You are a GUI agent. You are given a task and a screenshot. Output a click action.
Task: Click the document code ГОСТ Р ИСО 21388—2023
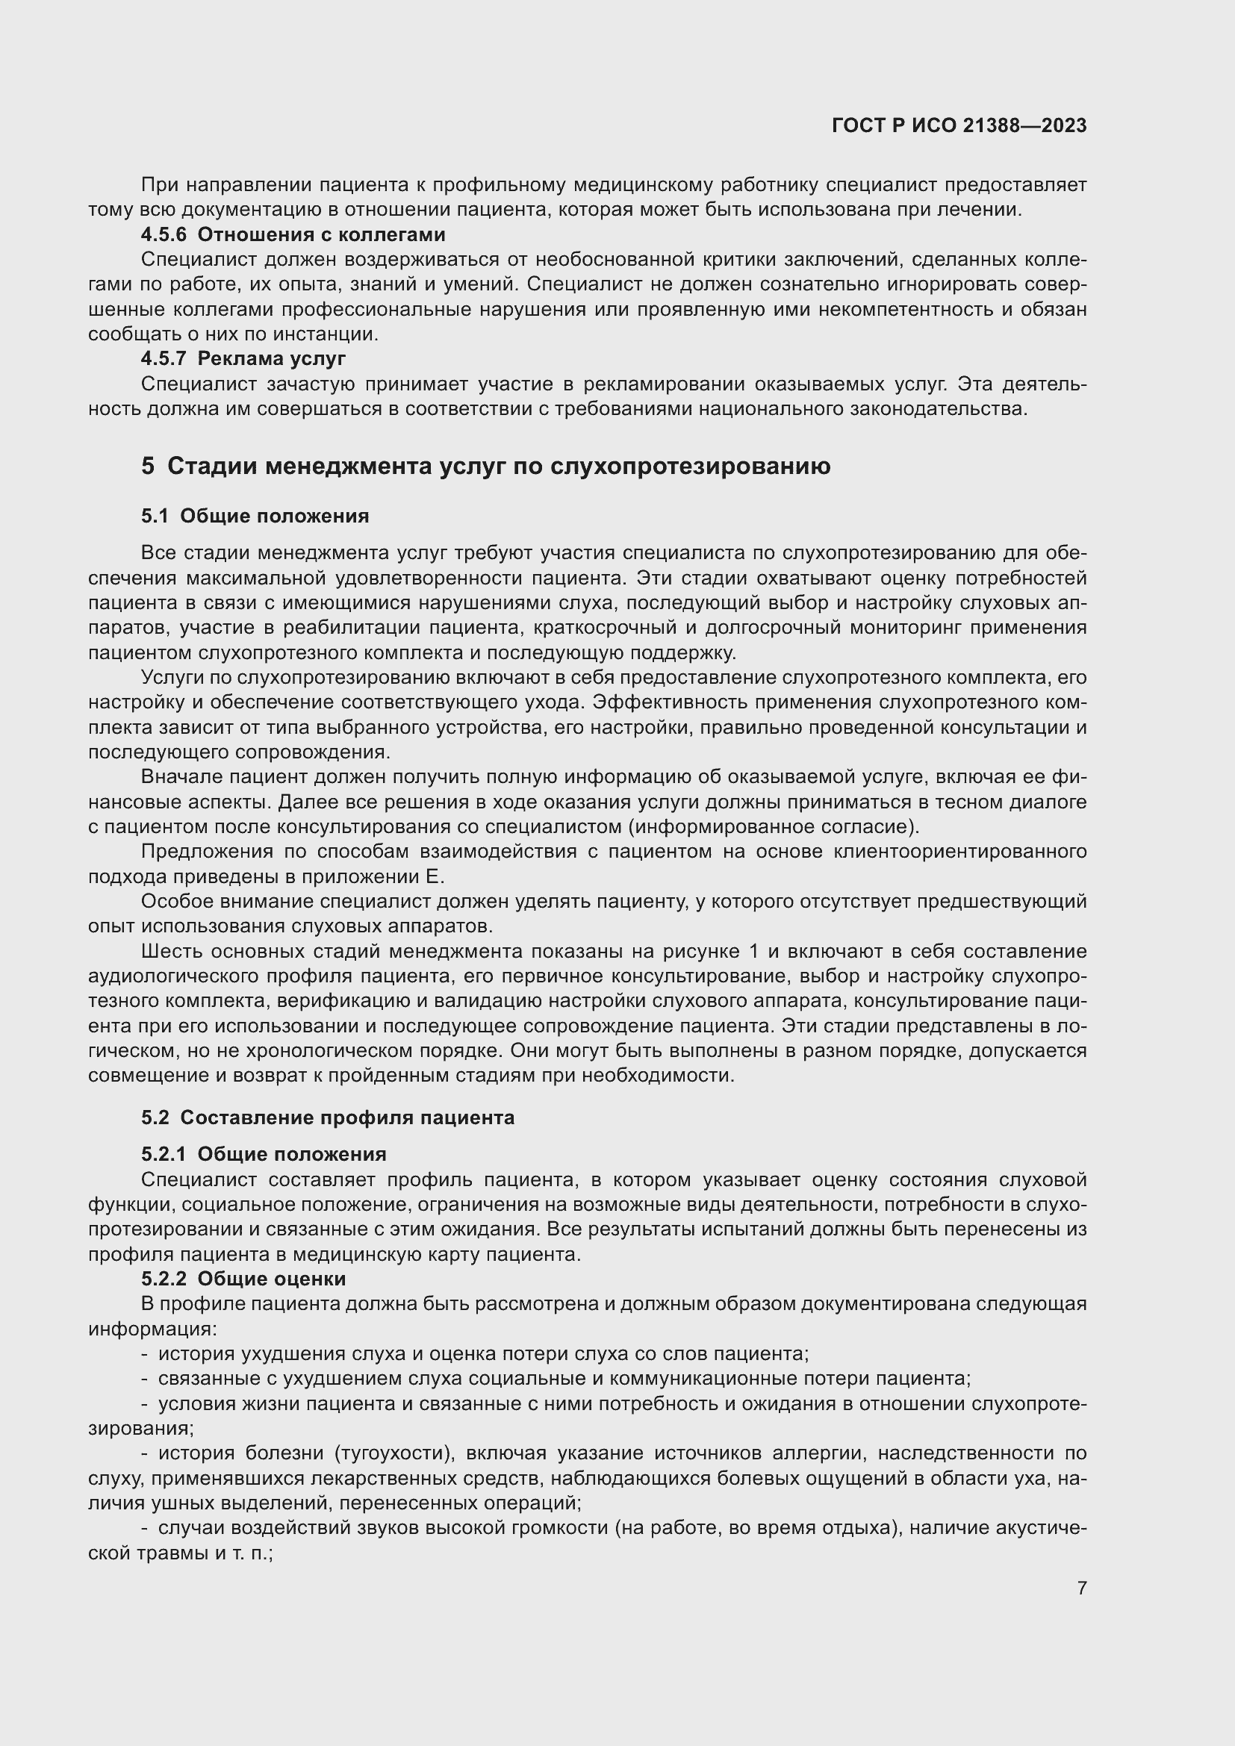pos(959,126)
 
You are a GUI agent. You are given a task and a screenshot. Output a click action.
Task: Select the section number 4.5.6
pos(164,234)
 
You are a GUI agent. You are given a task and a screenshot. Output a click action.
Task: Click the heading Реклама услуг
pos(272,358)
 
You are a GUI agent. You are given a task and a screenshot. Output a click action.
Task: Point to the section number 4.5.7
pos(164,358)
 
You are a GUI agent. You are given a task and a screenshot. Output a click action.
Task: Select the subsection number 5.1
pos(155,517)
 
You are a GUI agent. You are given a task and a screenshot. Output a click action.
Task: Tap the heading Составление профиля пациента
pos(347,1118)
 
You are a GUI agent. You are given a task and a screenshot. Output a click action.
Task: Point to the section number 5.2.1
pos(164,1154)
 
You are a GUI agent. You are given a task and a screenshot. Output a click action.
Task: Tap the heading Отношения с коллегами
pos(321,234)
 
